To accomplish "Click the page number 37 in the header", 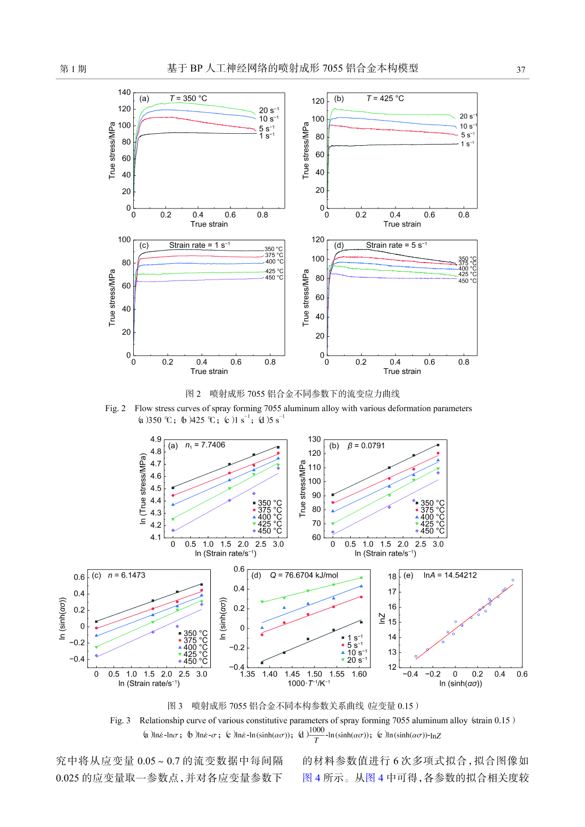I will tap(521, 70).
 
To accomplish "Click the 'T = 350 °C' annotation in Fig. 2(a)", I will tap(188, 99).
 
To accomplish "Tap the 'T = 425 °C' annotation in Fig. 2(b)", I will tap(385, 99).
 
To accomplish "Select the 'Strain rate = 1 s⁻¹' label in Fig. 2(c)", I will tap(199, 245).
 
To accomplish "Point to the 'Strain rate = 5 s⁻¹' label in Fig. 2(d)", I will tap(397, 245).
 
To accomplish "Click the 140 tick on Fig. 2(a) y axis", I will tap(125, 92).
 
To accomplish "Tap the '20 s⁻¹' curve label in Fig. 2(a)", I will tap(269, 110).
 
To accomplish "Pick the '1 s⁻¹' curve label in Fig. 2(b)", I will tap(468, 144).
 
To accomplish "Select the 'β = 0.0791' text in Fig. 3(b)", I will tap(366, 445).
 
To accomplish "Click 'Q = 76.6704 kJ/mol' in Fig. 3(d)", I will tap(304, 575).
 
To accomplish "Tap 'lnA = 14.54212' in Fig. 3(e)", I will tap(450, 575).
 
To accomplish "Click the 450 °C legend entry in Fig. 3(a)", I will tap(267, 531).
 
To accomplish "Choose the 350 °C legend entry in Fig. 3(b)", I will tap(430, 503).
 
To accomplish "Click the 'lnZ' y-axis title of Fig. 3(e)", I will tap(382, 618).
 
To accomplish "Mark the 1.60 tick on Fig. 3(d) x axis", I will tap(359, 674).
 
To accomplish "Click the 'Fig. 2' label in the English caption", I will tap(115, 408).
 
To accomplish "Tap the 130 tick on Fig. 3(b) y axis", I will tap(315, 439).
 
